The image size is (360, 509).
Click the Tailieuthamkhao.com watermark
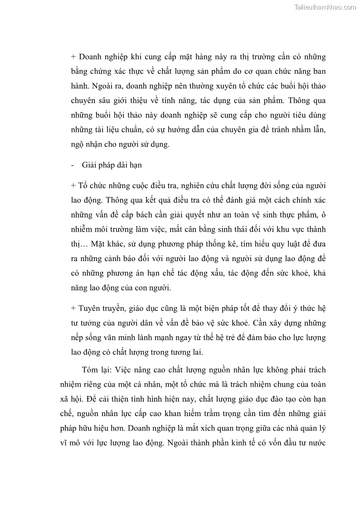point(325,7)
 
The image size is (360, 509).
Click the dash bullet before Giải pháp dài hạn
point(73,165)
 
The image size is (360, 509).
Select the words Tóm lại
point(94,370)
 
